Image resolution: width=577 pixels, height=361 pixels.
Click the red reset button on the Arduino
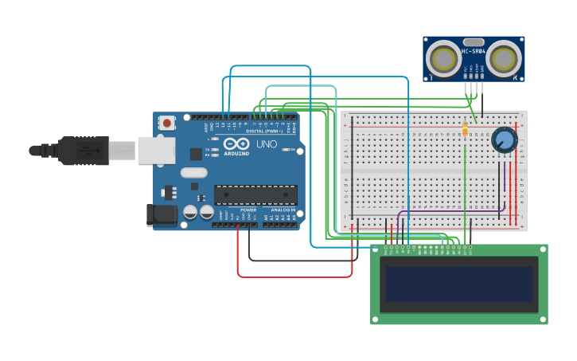[x=167, y=123]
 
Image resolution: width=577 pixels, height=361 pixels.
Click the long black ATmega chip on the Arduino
[x=255, y=194]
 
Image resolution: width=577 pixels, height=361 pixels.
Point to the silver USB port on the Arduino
[x=156, y=150]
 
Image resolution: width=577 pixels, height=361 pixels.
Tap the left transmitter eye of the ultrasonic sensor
[x=442, y=58]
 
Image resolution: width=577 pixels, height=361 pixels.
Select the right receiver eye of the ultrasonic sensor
[x=505, y=58]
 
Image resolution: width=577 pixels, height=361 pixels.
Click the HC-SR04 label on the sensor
[x=474, y=52]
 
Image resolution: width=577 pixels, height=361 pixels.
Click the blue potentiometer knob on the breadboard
[x=504, y=140]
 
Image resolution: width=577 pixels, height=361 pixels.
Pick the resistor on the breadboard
[x=465, y=128]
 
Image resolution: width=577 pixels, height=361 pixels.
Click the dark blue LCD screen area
[x=458, y=284]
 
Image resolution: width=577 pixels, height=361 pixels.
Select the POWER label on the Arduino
[x=248, y=210]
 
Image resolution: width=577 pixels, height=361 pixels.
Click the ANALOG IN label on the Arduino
[x=282, y=210]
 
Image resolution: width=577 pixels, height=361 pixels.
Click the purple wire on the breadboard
[x=446, y=210]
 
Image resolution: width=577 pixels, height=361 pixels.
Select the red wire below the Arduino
[x=294, y=277]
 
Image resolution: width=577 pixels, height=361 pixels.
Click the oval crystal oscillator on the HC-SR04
[x=474, y=41]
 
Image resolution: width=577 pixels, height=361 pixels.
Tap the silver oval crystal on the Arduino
[x=193, y=172]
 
